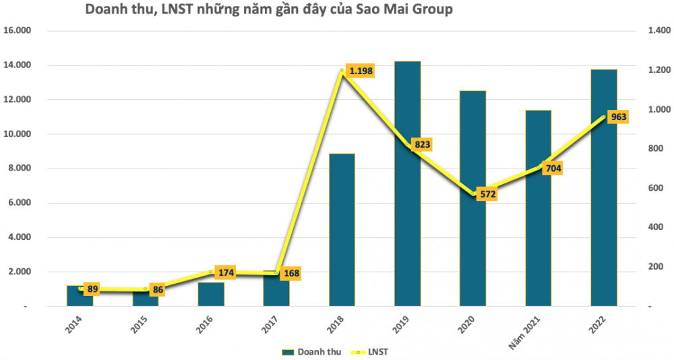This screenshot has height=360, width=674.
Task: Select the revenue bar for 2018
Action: (x=342, y=229)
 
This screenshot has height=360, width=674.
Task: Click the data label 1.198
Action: (x=360, y=71)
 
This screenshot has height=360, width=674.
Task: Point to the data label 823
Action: (x=423, y=144)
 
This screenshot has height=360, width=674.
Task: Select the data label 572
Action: (x=488, y=194)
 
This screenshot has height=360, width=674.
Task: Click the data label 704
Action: (x=553, y=169)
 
